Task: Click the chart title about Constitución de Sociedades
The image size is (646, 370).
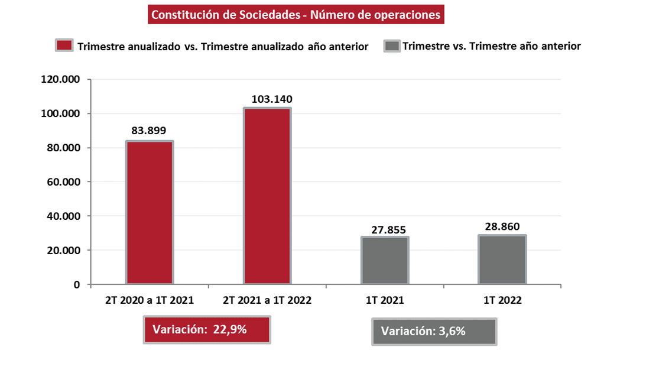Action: click(296, 15)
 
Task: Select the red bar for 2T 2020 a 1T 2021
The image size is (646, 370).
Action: click(149, 213)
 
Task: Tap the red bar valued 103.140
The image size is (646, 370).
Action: click(267, 196)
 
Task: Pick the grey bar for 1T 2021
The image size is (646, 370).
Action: click(384, 261)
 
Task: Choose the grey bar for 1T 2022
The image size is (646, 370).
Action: click(502, 260)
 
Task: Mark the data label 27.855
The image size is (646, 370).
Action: click(385, 229)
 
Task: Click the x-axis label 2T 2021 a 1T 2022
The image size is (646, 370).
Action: click(267, 300)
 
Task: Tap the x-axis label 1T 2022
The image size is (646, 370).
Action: click(502, 300)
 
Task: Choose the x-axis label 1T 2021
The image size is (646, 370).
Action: click(384, 300)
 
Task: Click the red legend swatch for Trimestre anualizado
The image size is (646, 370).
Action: click(64, 46)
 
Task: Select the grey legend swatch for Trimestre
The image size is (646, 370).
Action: click(392, 46)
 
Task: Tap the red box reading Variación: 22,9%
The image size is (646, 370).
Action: click(207, 330)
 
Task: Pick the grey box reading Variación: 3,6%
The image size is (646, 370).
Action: click(434, 331)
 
